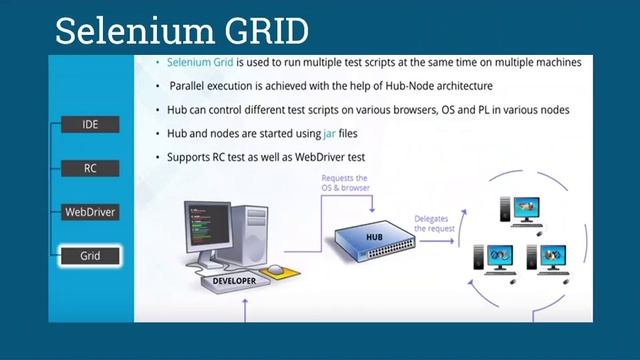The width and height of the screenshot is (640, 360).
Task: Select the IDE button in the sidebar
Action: [90, 125]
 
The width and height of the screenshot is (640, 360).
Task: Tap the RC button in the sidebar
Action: [90, 169]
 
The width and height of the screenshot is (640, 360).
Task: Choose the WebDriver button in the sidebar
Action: [90, 212]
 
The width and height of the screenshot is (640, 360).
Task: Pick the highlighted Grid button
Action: [90, 256]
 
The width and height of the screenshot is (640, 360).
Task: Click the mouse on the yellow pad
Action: [274, 269]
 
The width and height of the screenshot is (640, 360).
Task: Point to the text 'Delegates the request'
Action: [434, 224]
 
